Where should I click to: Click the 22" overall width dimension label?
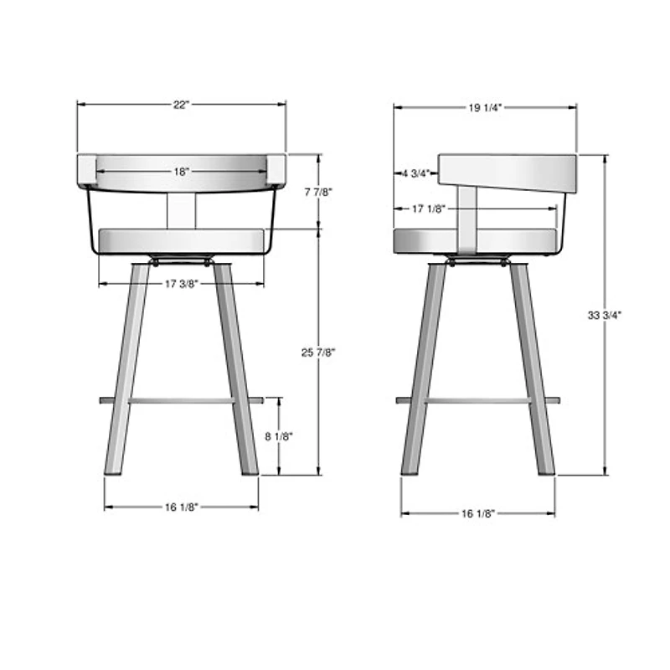(x=182, y=105)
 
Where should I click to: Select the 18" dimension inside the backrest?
(x=182, y=171)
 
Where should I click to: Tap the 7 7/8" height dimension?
(x=318, y=192)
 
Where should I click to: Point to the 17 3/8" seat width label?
(x=182, y=284)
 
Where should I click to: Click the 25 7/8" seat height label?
(x=318, y=353)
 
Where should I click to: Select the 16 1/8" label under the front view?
(x=182, y=507)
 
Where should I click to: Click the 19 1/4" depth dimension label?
(x=486, y=107)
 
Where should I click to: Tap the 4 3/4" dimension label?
(x=416, y=173)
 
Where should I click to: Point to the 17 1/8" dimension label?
(x=428, y=209)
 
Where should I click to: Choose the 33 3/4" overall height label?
(x=605, y=316)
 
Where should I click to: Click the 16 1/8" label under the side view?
(x=478, y=513)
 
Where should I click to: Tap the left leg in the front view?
(x=126, y=368)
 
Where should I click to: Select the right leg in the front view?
(x=236, y=368)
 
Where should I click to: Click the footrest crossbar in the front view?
(x=182, y=400)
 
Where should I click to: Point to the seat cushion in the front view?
(x=182, y=240)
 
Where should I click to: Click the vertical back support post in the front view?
(x=181, y=209)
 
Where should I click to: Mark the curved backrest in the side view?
(x=511, y=172)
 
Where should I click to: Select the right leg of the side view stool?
(x=532, y=368)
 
